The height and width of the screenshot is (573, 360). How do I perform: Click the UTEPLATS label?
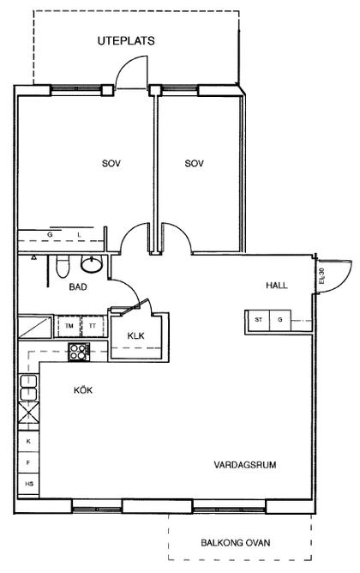126,41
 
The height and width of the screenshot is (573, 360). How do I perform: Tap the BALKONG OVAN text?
236,543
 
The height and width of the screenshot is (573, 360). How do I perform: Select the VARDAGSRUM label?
244,465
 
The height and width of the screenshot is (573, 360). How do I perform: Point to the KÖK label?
83,390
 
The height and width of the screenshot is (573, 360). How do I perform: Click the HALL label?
276,286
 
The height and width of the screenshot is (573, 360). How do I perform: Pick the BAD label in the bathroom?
78,286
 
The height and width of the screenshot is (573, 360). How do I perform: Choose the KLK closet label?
135,335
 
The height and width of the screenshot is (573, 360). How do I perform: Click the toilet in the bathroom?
63,267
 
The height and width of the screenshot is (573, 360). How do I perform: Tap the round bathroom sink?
92,264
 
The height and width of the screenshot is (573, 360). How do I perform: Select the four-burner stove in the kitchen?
79,352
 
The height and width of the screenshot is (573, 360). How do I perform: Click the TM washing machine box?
69,326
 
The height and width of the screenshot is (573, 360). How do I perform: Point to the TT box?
93,326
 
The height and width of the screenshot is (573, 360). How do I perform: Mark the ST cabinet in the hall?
259,320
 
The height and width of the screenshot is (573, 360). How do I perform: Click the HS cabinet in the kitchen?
29,484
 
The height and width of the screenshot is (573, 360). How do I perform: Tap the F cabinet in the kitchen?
29,462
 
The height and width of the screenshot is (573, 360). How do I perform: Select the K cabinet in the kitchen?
29,442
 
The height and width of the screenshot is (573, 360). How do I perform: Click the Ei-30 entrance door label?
321,277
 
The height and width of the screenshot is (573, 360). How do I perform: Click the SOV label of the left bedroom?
111,163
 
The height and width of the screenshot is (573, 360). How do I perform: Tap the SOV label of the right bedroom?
195,163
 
